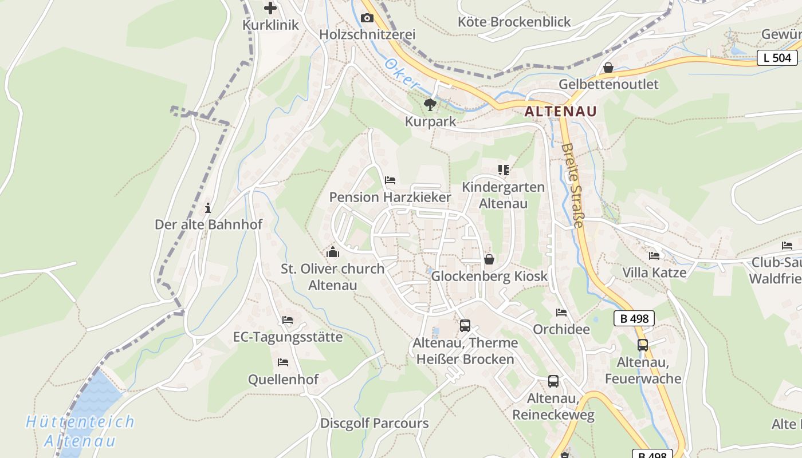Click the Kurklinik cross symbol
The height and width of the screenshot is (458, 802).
[x=270, y=8]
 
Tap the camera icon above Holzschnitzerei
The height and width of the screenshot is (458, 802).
[x=367, y=18]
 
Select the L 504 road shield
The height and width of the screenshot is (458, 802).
[x=777, y=57]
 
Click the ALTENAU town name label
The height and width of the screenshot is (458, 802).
[x=560, y=111]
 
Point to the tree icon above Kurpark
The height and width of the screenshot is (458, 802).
[x=430, y=104]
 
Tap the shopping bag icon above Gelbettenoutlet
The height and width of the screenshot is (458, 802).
[x=608, y=68]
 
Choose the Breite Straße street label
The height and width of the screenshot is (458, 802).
[x=572, y=185]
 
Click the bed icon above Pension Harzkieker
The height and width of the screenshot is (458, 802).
[x=390, y=180]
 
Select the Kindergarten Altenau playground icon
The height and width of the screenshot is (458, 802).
[x=504, y=170]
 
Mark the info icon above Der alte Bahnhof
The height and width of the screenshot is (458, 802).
[x=208, y=208]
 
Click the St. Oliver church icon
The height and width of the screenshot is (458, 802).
[x=333, y=252]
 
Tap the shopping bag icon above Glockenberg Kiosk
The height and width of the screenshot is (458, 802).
[x=489, y=259]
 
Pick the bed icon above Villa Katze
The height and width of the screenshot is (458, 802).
[x=654, y=255]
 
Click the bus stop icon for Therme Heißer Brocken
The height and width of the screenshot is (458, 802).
[x=465, y=326]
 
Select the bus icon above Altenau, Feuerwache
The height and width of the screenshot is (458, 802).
[x=643, y=345]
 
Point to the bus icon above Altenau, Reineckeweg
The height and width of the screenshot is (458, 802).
[x=553, y=381]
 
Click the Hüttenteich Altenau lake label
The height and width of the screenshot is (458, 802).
[x=80, y=431]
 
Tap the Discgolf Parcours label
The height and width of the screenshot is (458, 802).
[x=375, y=424]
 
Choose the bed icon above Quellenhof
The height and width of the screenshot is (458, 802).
[x=283, y=362]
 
